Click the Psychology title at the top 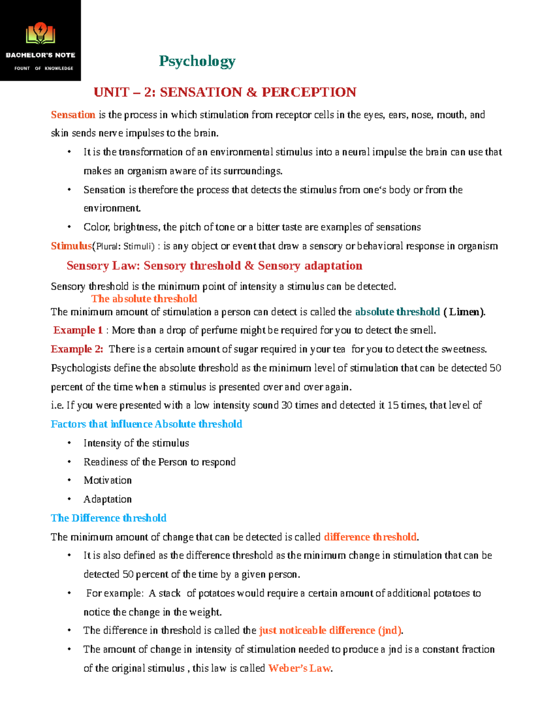coord(197,61)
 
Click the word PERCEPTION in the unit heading coord(308,92)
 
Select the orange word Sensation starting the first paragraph coord(73,115)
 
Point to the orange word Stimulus coord(71,246)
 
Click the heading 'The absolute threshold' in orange coord(144,299)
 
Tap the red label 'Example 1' coord(78,330)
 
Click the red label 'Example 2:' coord(77,349)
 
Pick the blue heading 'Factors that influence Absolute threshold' coord(146,424)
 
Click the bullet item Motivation coord(107,480)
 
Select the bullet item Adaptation coord(107,499)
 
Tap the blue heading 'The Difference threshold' coord(109,518)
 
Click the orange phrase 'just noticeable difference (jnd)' coord(330,631)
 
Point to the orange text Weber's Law coord(299,668)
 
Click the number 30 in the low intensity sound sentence coord(287,405)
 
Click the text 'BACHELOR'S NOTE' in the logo coord(40,55)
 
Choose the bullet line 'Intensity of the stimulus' coord(136,443)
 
